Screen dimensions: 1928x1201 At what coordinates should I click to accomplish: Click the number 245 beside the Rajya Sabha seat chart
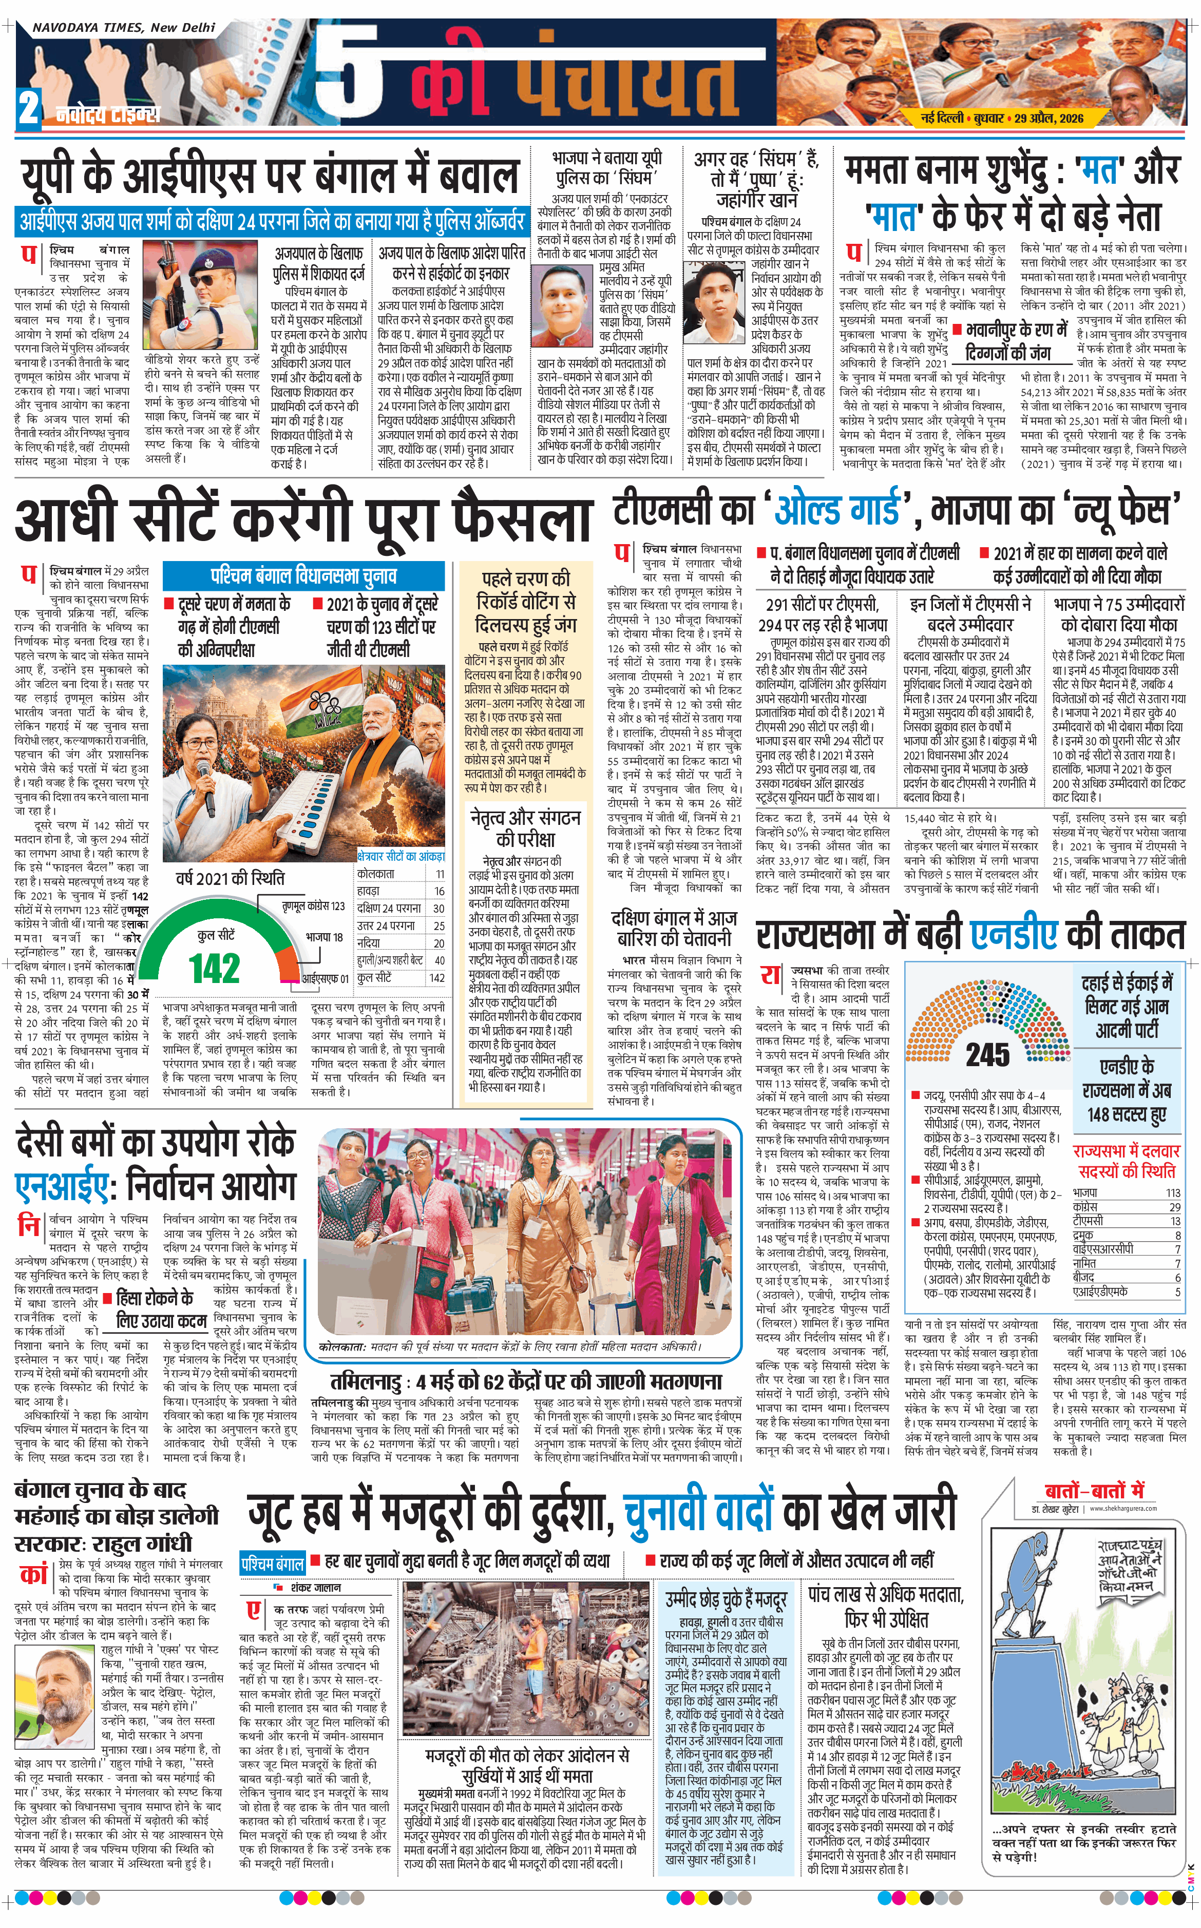[987, 1054]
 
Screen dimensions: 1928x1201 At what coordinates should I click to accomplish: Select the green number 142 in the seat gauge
[215, 968]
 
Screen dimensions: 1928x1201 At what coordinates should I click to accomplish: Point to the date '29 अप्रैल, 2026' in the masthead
[1049, 118]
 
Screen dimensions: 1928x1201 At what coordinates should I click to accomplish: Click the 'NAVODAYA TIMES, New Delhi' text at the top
[124, 27]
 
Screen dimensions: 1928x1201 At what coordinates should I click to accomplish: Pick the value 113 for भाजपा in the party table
[1172, 1193]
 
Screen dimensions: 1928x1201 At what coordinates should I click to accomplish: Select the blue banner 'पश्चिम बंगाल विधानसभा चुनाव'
[303, 575]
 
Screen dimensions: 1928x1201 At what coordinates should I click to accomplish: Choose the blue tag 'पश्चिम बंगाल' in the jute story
[273, 1564]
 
